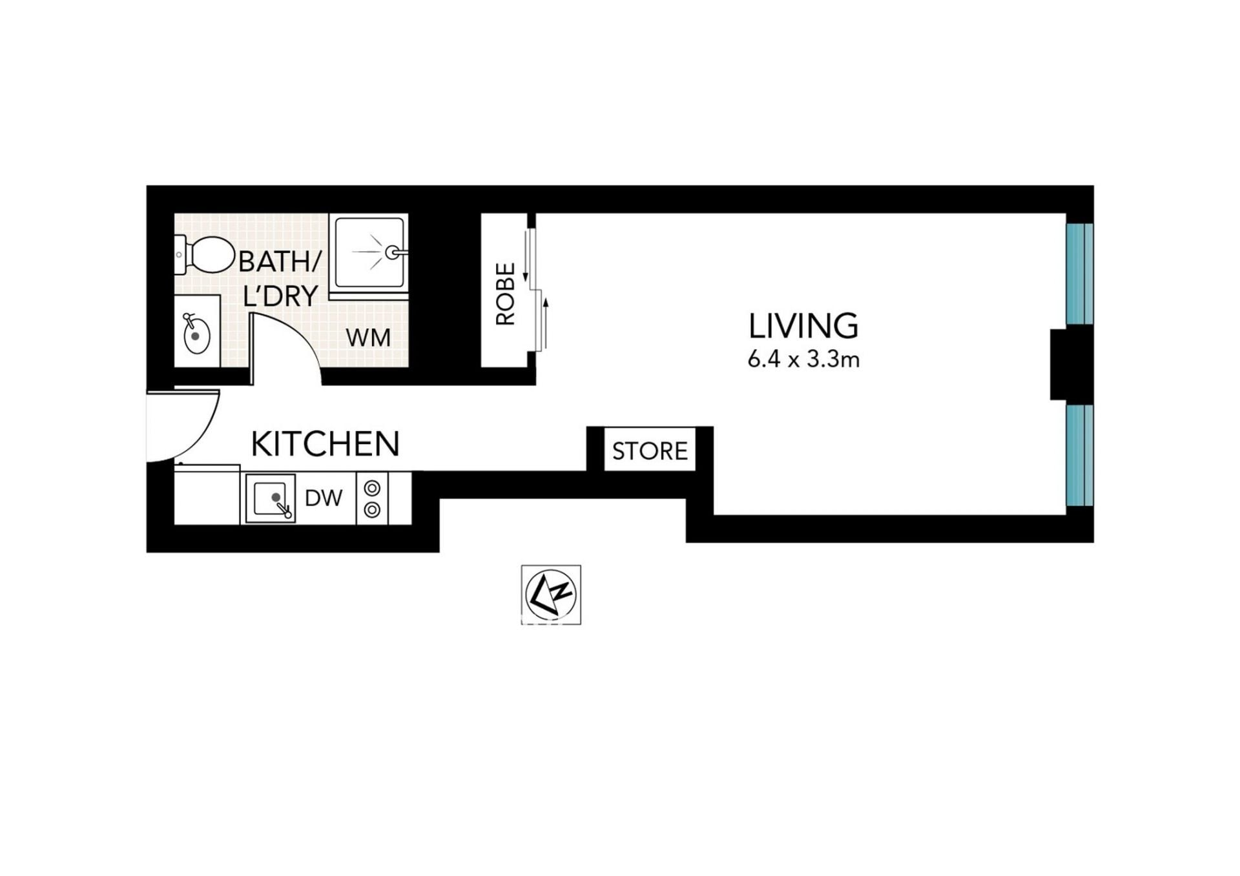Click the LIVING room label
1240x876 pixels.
point(803,326)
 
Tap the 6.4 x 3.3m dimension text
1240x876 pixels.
point(803,359)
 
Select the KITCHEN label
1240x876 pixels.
point(325,443)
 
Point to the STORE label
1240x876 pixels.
point(650,451)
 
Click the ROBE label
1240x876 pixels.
point(505,293)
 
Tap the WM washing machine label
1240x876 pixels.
point(368,337)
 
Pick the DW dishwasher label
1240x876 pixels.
point(324,498)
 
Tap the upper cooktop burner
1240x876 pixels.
point(372,488)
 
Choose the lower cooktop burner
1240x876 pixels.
point(372,510)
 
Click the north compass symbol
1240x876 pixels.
point(551,595)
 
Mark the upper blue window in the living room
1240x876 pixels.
point(1079,274)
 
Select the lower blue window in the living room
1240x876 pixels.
point(1079,455)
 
